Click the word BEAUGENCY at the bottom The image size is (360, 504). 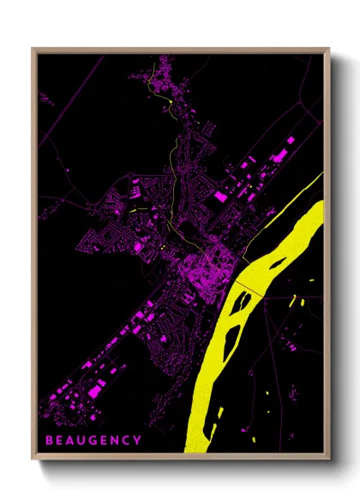pos(95,441)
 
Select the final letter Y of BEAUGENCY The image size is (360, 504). pos(138,441)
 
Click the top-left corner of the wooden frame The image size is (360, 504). pos(33,49)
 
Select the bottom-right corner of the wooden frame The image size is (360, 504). pos(328,459)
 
